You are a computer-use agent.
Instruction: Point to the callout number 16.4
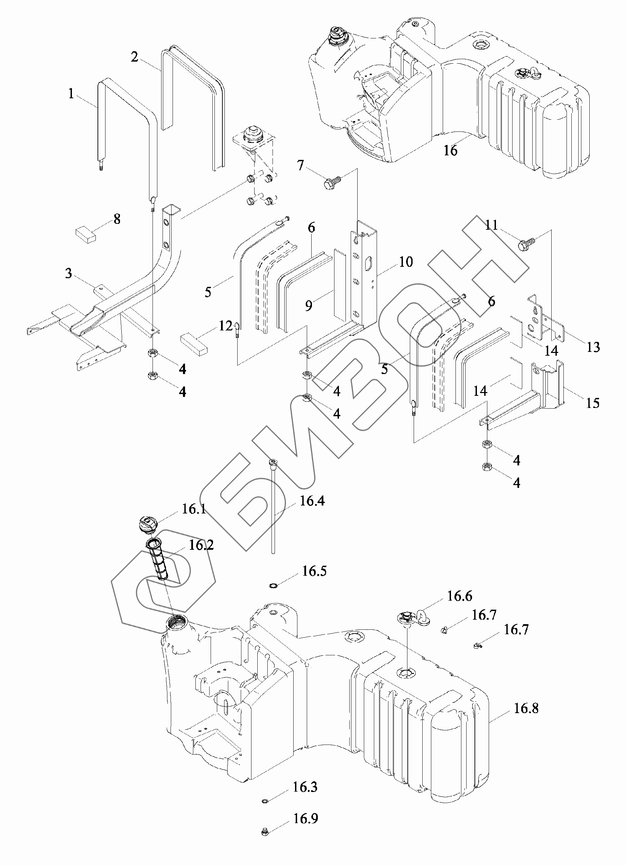(312, 501)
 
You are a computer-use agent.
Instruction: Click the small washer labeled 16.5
(273, 585)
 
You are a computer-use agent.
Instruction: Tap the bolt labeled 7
(331, 184)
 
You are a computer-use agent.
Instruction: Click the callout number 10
(406, 262)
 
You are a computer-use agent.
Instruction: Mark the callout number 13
(593, 347)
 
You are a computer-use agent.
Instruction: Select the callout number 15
(592, 403)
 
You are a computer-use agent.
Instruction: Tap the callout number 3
(68, 273)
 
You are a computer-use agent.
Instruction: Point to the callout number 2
(135, 57)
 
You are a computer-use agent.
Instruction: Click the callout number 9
(309, 305)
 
